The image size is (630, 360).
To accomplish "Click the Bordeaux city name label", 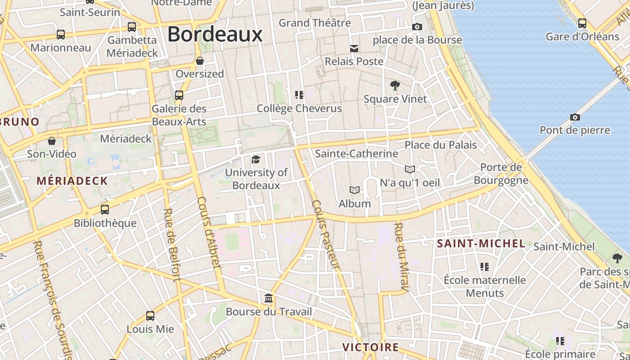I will [x=215, y=34].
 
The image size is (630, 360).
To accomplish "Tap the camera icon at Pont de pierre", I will [x=575, y=117].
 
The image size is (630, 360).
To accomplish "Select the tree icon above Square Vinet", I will [x=395, y=85].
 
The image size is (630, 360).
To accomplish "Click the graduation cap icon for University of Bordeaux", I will [x=256, y=159].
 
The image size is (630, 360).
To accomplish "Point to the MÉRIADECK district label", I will [x=72, y=181].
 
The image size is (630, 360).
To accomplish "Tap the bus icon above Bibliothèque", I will [x=105, y=209].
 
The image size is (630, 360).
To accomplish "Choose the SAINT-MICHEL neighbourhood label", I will [x=481, y=244].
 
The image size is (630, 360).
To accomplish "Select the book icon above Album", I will [x=355, y=190].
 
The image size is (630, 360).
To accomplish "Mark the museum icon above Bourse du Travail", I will [x=269, y=298].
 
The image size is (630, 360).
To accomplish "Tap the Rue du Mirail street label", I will [x=401, y=256].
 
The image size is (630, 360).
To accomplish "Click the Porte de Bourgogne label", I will [x=501, y=174].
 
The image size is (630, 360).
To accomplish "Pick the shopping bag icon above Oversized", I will [x=200, y=61].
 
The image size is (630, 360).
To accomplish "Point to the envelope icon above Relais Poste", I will [x=354, y=49].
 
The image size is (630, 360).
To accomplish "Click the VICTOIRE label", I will [x=370, y=347].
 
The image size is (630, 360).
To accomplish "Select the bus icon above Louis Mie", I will [x=150, y=316].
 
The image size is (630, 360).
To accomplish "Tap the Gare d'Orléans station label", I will [x=582, y=36].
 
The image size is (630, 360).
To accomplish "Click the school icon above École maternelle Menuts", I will [x=484, y=267].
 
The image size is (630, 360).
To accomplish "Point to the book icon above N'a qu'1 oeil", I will [x=409, y=169].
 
